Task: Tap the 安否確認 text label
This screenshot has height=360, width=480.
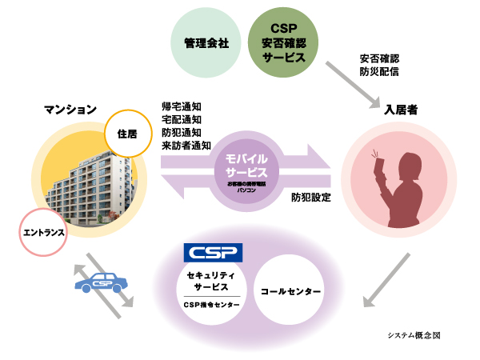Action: pos(379,58)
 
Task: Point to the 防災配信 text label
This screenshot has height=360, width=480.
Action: pos(379,71)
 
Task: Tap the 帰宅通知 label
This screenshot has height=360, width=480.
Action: pos(181,106)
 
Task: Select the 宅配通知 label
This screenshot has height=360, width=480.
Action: pos(181,119)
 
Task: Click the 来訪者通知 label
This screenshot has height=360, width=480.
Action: pos(186,145)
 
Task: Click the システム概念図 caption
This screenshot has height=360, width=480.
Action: pos(410,337)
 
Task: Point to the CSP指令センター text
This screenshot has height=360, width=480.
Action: pos(213,304)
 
